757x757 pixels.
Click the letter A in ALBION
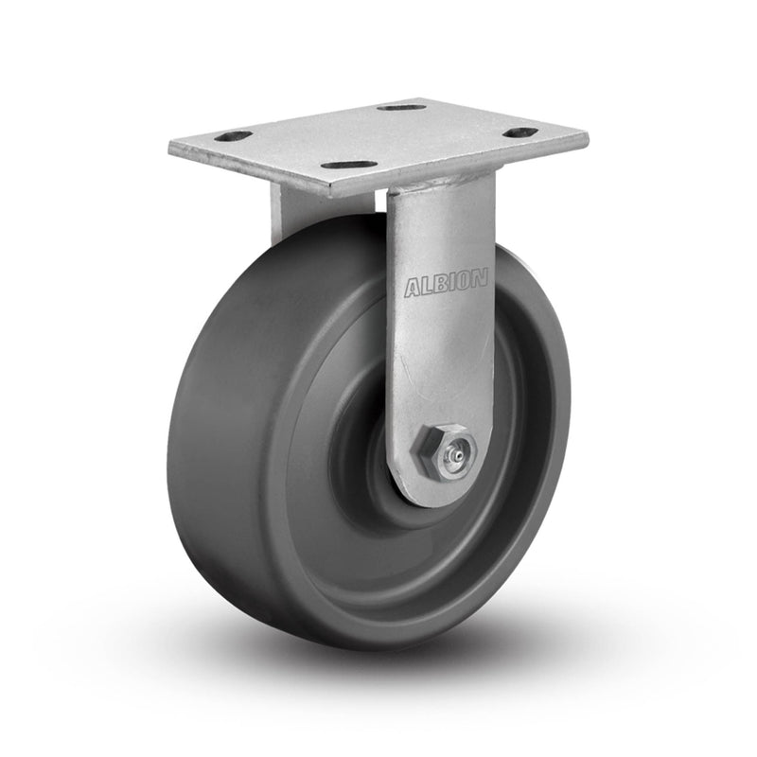tap(413, 289)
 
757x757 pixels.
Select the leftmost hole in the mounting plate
tap(233, 137)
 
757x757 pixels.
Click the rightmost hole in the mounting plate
tap(520, 132)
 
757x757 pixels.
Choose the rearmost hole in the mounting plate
tap(401, 107)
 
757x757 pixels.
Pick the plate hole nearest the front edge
tap(343, 166)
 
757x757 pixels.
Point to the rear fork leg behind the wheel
tap(284, 213)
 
